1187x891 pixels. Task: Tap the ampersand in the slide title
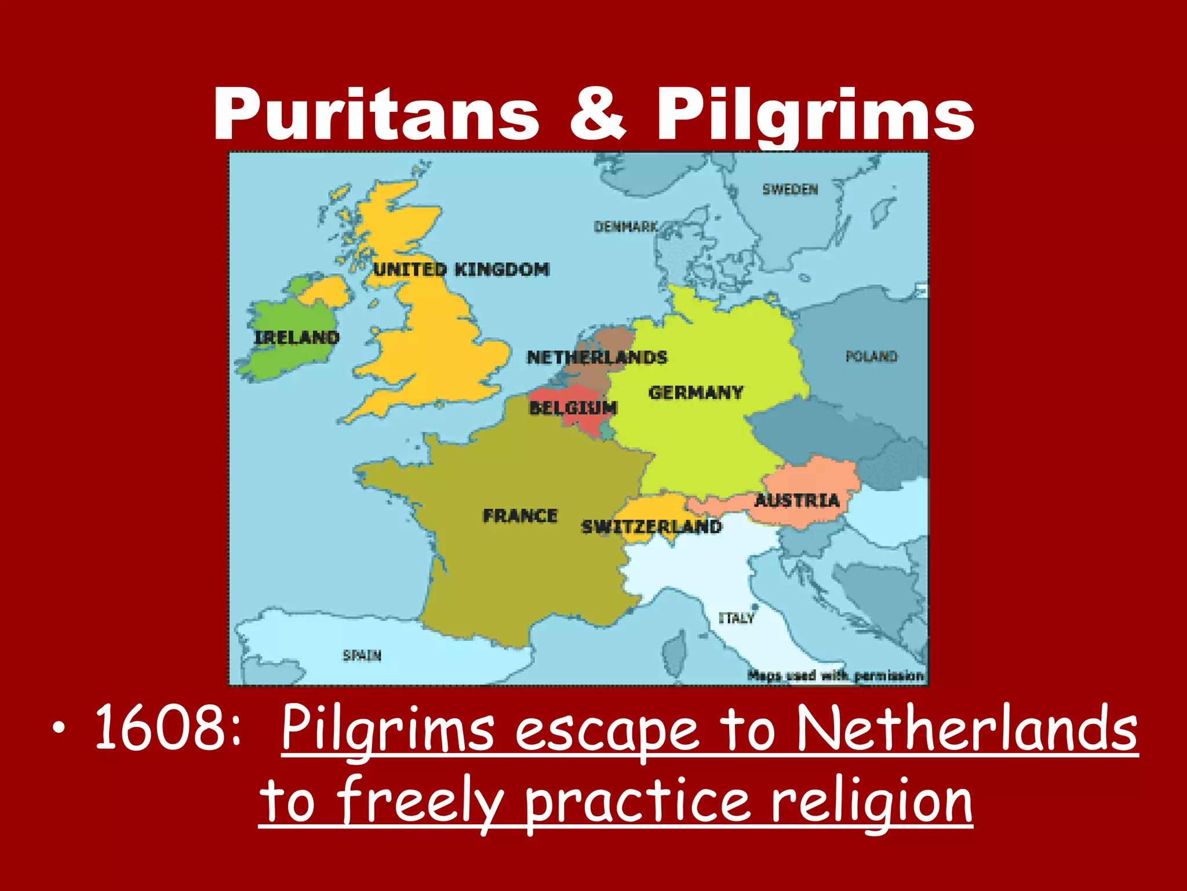[597, 114]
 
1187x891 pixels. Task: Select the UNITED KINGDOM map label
[461, 270]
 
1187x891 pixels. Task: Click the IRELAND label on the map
[297, 338]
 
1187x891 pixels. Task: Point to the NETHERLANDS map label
[597, 357]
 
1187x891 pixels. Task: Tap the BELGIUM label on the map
[573, 408]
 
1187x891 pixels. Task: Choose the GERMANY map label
[696, 393]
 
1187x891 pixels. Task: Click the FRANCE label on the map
[520, 516]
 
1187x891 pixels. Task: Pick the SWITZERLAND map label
[651, 527]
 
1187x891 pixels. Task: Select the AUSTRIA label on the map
[797, 500]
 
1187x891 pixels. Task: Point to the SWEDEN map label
[790, 190]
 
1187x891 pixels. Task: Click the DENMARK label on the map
[626, 227]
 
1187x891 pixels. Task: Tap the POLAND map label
[871, 356]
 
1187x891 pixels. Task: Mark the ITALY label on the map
[737, 618]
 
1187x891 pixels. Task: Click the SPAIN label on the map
[362, 655]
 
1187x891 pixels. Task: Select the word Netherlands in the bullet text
[966, 728]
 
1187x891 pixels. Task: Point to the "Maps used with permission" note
[835, 676]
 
